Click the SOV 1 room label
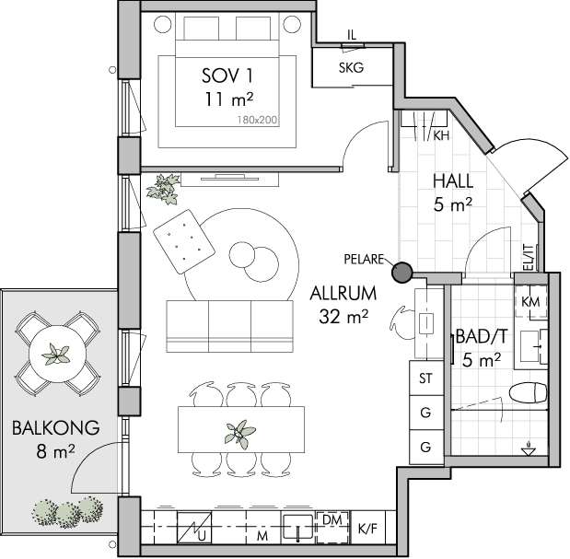click(x=227, y=76)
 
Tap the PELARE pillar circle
click(x=402, y=272)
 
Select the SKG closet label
click(x=351, y=67)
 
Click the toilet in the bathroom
click(x=529, y=393)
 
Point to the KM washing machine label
click(x=530, y=302)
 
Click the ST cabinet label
click(x=425, y=378)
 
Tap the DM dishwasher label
click(x=332, y=519)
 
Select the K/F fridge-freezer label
click(x=367, y=529)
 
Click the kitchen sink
click(x=298, y=526)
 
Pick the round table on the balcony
click(x=57, y=354)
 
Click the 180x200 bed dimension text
click(x=257, y=120)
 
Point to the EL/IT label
click(x=529, y=258)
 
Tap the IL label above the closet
click(x=352, y=35)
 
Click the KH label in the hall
click(x=441, y=136)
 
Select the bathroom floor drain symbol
click(x=529, y=449)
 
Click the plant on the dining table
click(x=239, y=433)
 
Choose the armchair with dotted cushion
click(x=184, y=241)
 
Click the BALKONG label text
click(x=56, y=428)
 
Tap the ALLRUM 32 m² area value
click(x=343, y=317)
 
